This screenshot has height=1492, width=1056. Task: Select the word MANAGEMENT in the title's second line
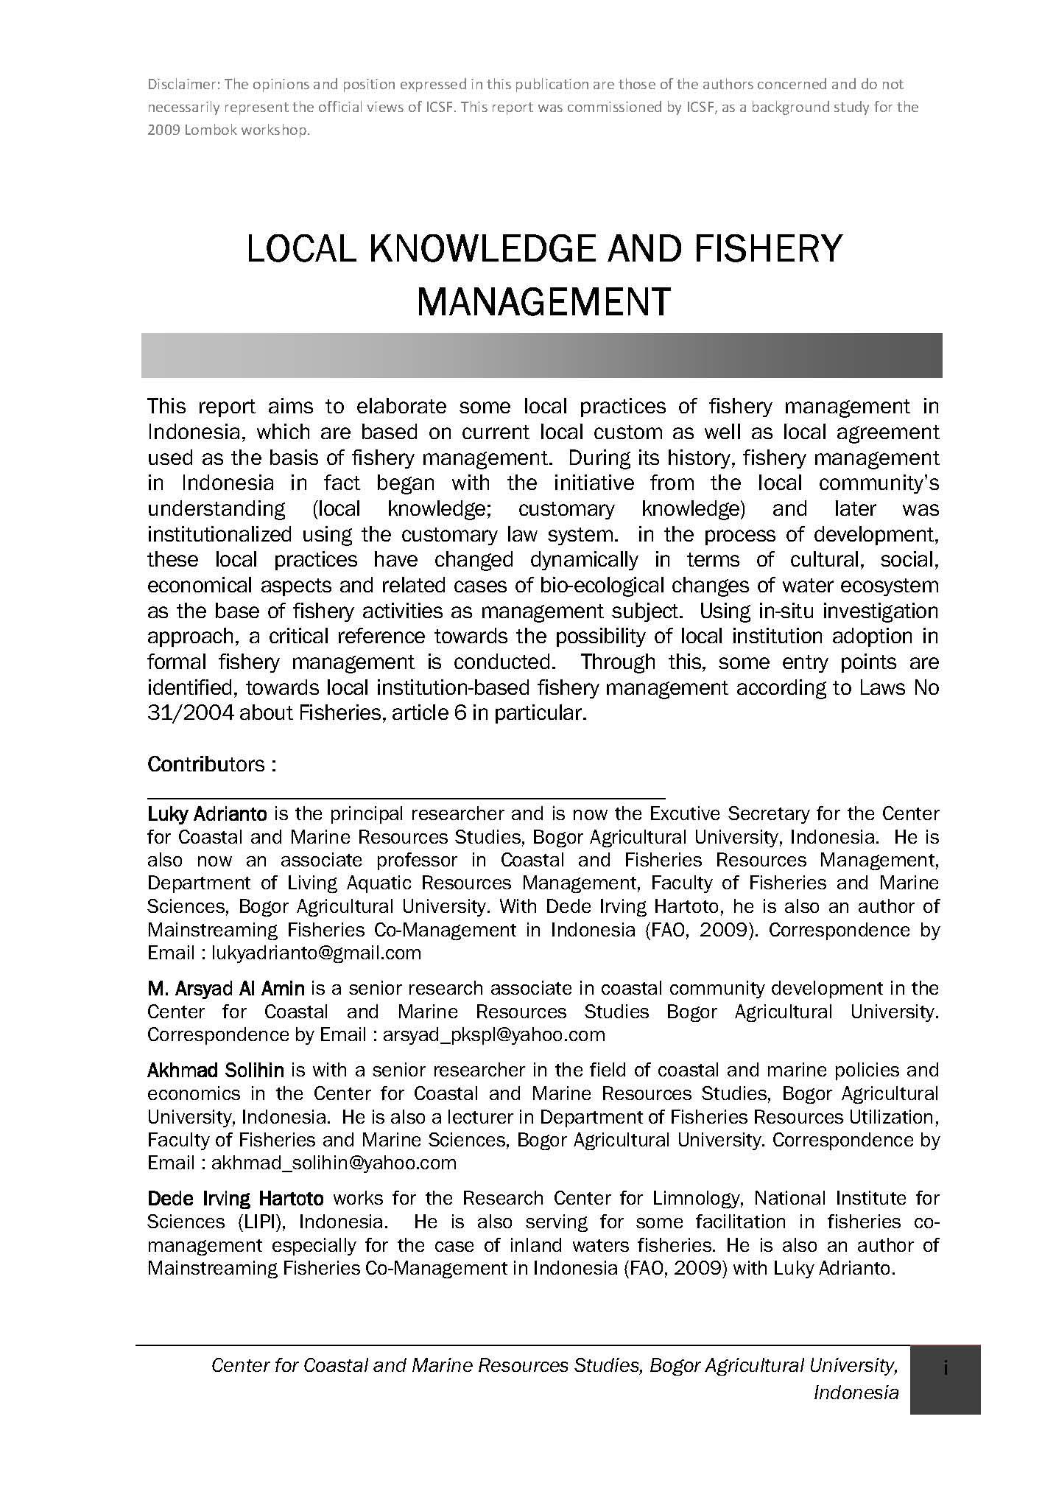[543, 301]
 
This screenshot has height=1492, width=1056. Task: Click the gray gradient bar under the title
[541, 355]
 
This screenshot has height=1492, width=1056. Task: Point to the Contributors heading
[211, 764]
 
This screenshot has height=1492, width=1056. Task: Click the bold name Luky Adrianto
[207, 814]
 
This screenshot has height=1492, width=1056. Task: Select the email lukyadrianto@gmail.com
[316, 953]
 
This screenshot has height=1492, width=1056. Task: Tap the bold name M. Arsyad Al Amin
[225, 988]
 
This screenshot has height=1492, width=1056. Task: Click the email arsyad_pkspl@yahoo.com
[493, 1034]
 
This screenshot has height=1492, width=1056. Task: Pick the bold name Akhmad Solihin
[216, 1070]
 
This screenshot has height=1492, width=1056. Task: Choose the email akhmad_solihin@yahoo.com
[334, 1163]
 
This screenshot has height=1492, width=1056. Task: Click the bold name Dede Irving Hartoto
[236, 1199]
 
